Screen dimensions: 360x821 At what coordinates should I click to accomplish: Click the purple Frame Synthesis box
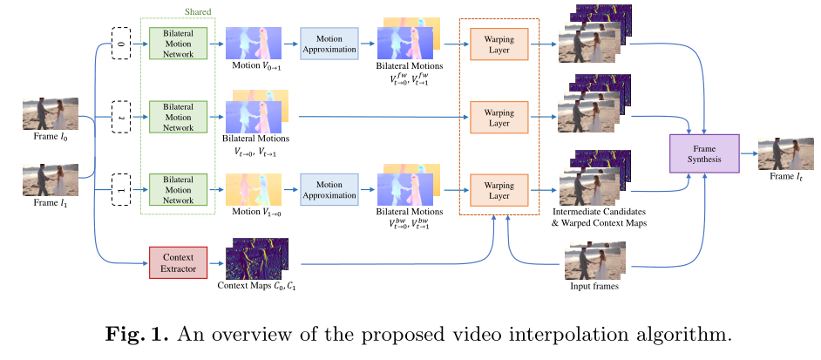click(703, 153)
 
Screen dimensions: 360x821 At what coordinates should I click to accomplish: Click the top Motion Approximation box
click(329, 43)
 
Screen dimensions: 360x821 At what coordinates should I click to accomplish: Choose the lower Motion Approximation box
click(329, 189)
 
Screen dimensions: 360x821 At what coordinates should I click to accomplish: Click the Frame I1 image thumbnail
click(51, 180)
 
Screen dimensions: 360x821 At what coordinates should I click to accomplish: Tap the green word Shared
click(198, 12)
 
